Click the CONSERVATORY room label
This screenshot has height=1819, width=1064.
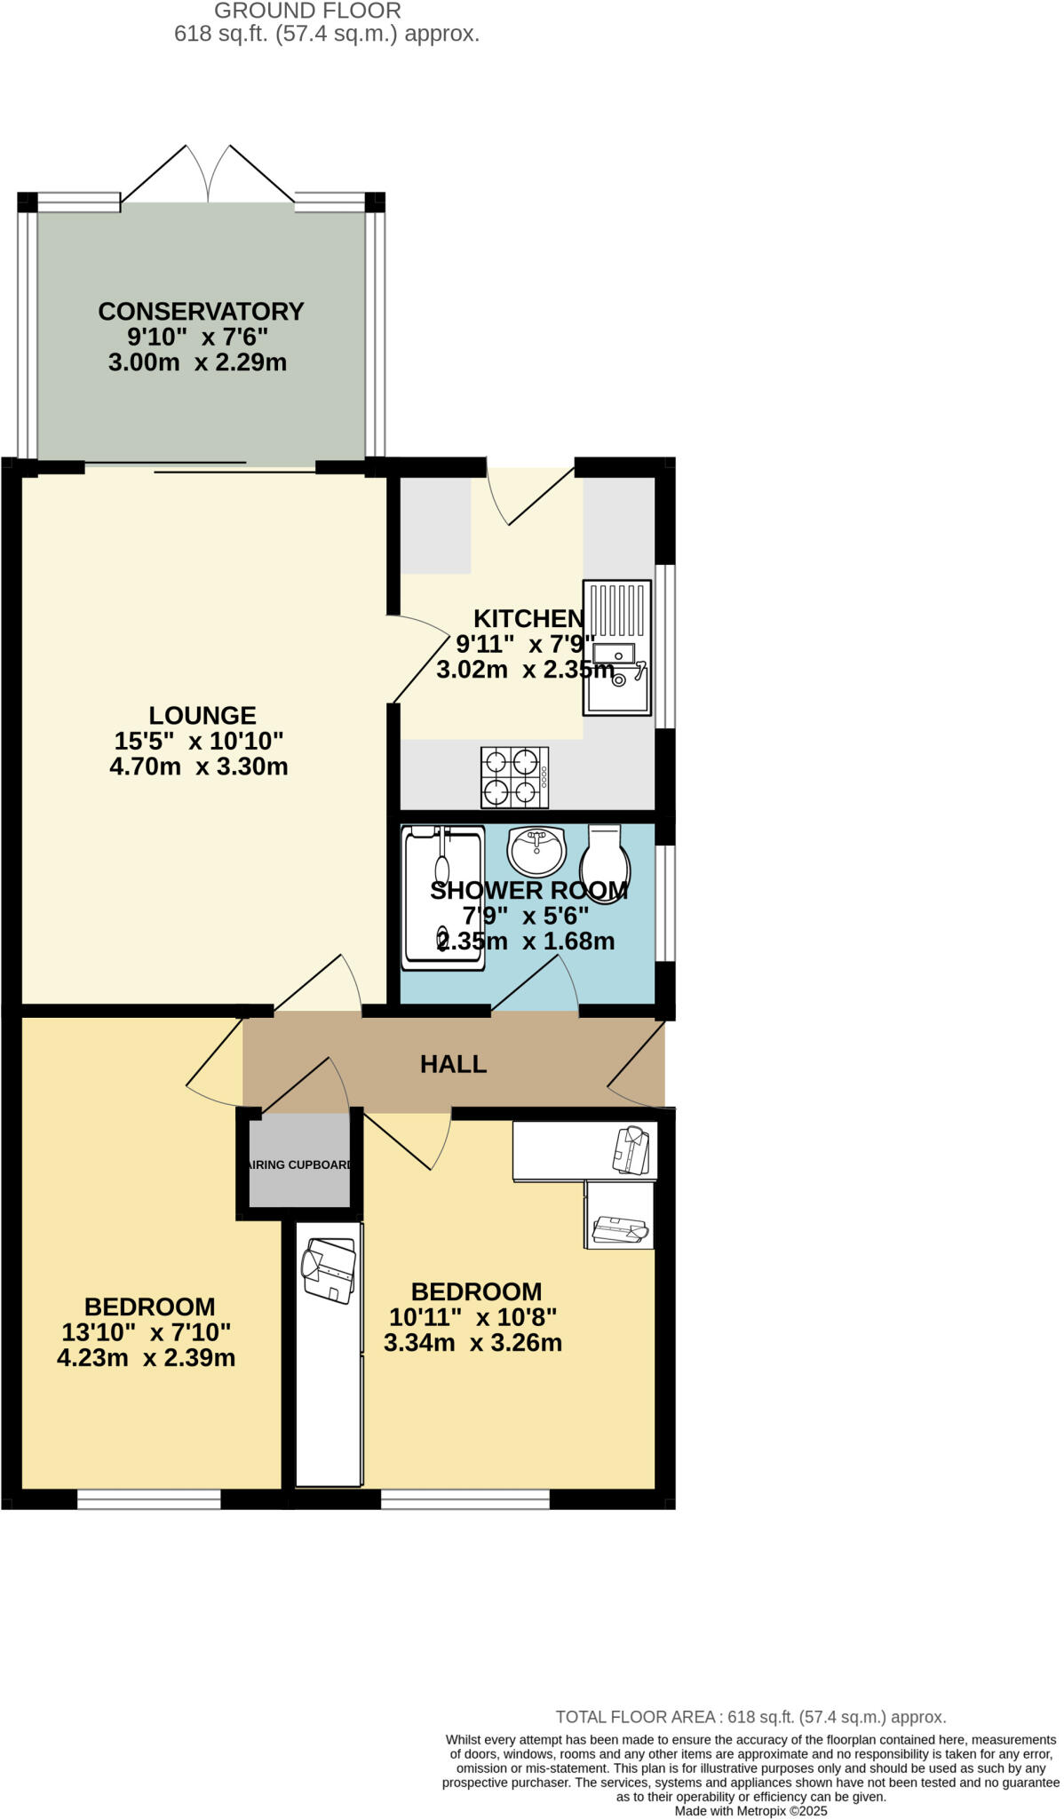[x=201, y=312]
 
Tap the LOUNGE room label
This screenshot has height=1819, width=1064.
[x=202, y=715]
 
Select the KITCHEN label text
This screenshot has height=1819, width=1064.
[x=528, y=618]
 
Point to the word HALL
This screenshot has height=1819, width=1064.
[x=453, y=1064]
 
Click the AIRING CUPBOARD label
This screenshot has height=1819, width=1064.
[x=300, y=1164]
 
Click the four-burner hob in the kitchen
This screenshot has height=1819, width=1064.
[x=514, y=777]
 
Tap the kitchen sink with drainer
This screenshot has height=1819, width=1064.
[x=616, y=647]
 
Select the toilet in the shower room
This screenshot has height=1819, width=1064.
[x=605, y=863]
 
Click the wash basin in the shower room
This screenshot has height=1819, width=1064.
[x=536, y=850]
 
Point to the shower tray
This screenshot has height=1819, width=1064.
[x=443, y=897]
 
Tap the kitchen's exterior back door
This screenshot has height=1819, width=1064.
[x=533, y=497]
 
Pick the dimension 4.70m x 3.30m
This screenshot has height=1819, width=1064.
[x=199, y=767]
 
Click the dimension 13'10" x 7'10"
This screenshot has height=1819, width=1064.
[x=147, y=1332]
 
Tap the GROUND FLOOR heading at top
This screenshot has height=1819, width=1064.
[x=307, y=11]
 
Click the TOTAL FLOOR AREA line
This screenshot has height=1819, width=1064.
[x=750, y=1717]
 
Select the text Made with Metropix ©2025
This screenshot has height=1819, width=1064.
[x=750, y=1810]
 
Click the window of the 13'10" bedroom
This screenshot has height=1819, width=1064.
[x=149, y=1498]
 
